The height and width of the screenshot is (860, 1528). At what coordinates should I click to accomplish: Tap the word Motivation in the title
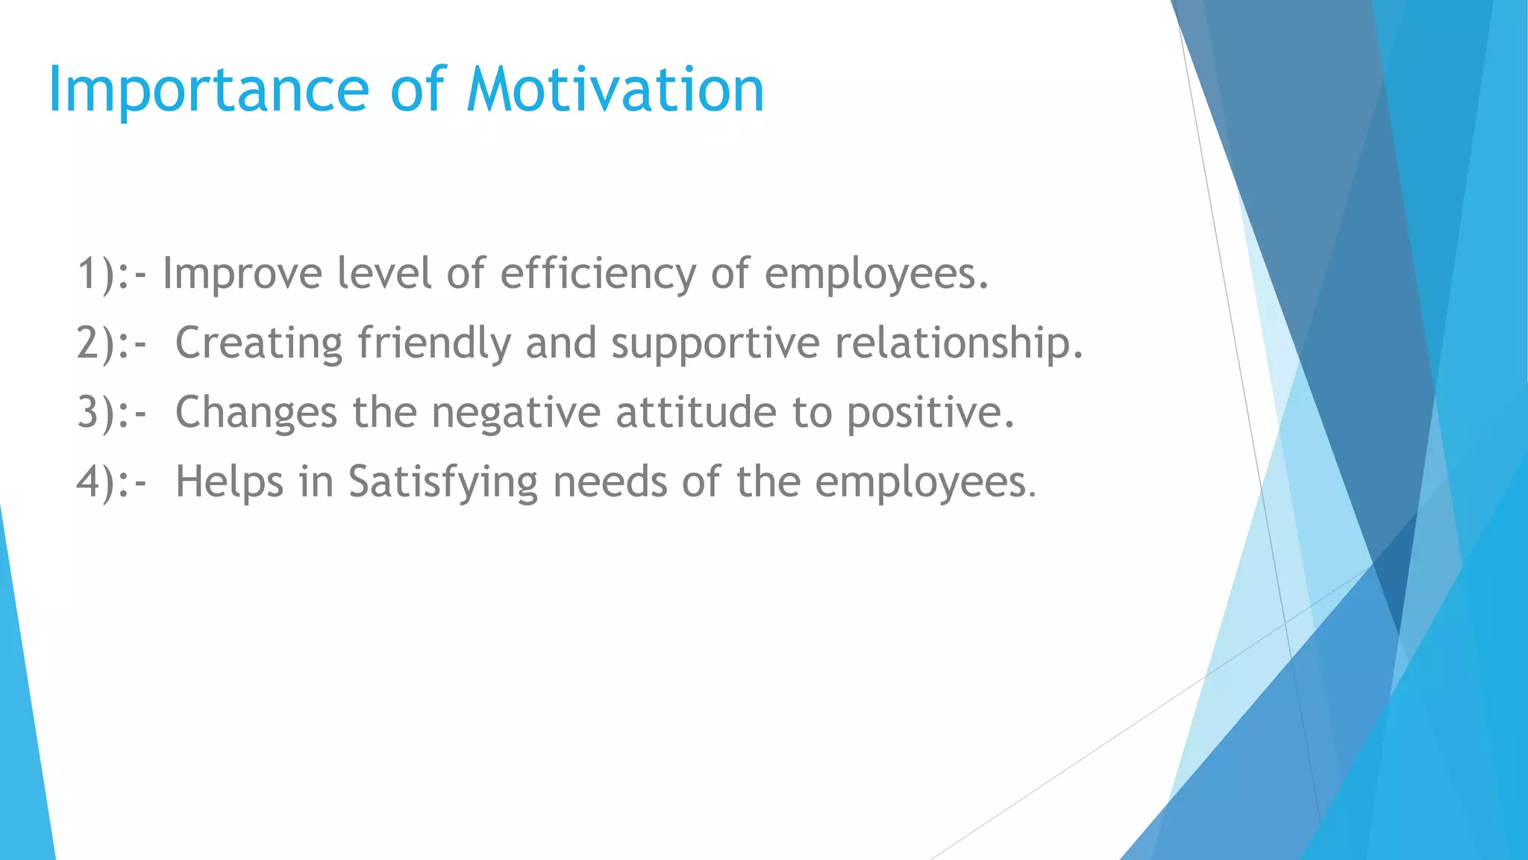(616, 90)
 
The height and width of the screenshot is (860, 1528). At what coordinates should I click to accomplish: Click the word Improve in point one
(242, 274)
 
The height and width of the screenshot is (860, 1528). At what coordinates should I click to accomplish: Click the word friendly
(434, 343)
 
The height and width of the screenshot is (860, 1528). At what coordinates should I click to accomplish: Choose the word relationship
(958, 343)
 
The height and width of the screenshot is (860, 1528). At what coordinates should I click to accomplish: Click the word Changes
(256, 413)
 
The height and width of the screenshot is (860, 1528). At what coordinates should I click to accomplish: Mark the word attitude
(696, 413)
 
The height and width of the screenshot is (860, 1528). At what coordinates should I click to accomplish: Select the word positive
(930, 413)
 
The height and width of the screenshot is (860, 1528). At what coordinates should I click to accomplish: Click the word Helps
(229, 482)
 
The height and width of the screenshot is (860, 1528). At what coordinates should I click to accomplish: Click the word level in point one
(384, 274)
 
